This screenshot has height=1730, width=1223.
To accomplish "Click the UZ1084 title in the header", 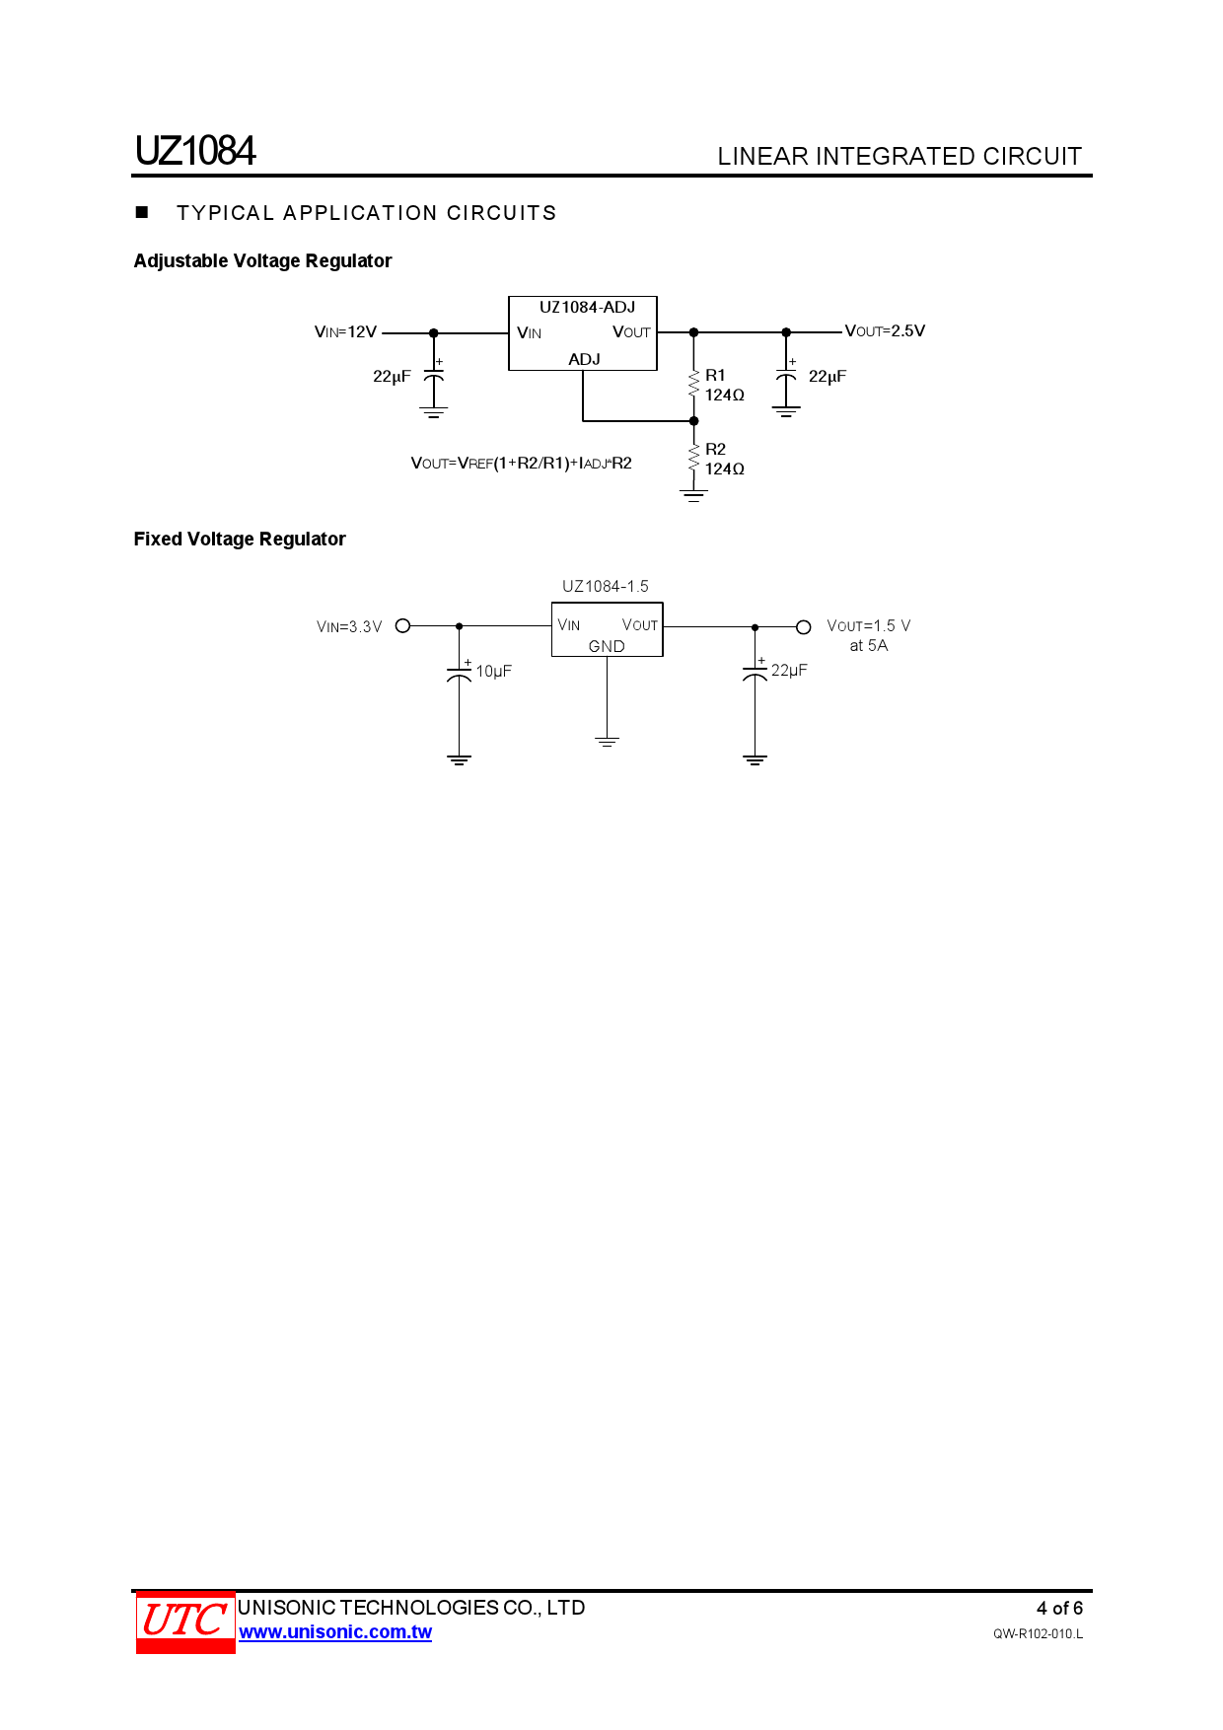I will tap(195, 151).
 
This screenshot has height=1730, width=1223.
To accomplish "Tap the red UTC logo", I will tap(185, 1622).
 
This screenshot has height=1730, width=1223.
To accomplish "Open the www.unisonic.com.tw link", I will tap(335, 1632).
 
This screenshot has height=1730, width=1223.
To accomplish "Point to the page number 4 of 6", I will tap(1059, 1609).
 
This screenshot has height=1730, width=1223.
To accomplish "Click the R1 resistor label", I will tap(715, 376).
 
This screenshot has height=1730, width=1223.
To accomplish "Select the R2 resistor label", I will tap(715, 450).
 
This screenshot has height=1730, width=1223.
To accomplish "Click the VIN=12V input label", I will tap(345, 332).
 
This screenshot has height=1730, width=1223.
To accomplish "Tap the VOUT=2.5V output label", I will tap(885, 331).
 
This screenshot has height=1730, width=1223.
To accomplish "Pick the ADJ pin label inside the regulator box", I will tap(584, 360).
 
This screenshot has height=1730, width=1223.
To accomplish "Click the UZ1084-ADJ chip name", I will tap(587, 308).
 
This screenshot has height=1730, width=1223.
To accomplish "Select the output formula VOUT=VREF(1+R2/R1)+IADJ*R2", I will tap(521, 464).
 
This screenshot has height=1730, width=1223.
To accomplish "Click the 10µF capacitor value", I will tap(493, 672).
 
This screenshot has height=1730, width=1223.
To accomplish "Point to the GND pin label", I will tap(607, 647).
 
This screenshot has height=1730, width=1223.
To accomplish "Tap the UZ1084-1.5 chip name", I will tap(606, 587).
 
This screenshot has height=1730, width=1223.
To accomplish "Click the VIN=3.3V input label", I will tap(349, 627).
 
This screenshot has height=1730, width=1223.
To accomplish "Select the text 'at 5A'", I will tap(869, 646).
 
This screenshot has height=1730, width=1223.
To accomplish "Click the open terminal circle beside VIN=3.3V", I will tap(402, 626).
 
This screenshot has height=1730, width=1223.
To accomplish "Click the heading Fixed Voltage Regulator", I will tap(240, 540).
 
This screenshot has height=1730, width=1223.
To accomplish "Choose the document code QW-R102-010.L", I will tap(1038, 1634).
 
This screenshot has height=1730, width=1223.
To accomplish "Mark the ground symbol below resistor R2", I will tap(693, 496).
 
